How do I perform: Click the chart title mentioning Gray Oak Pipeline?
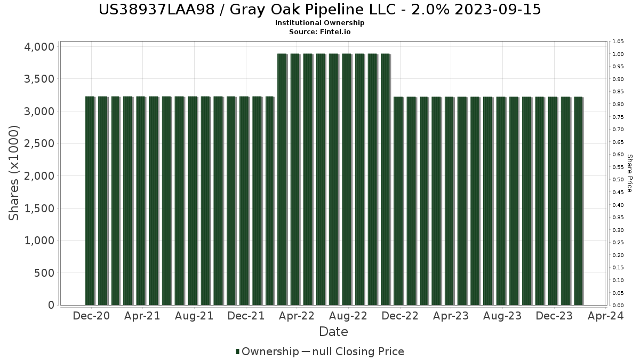click(320, 10)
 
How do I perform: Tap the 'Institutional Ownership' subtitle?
click(320, 23)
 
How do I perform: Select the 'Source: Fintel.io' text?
click(320, 32)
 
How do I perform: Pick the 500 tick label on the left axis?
click(43, 273)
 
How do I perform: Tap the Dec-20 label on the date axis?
click(92, 316)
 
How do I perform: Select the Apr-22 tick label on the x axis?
click(297, 316)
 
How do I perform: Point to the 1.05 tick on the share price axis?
click(618, 42)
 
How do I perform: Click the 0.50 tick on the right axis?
click(618, 180)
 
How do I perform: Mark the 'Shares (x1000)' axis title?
click(14, 173)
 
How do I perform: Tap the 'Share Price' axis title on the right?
click(630, 173)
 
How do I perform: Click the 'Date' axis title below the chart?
click(333, 332)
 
